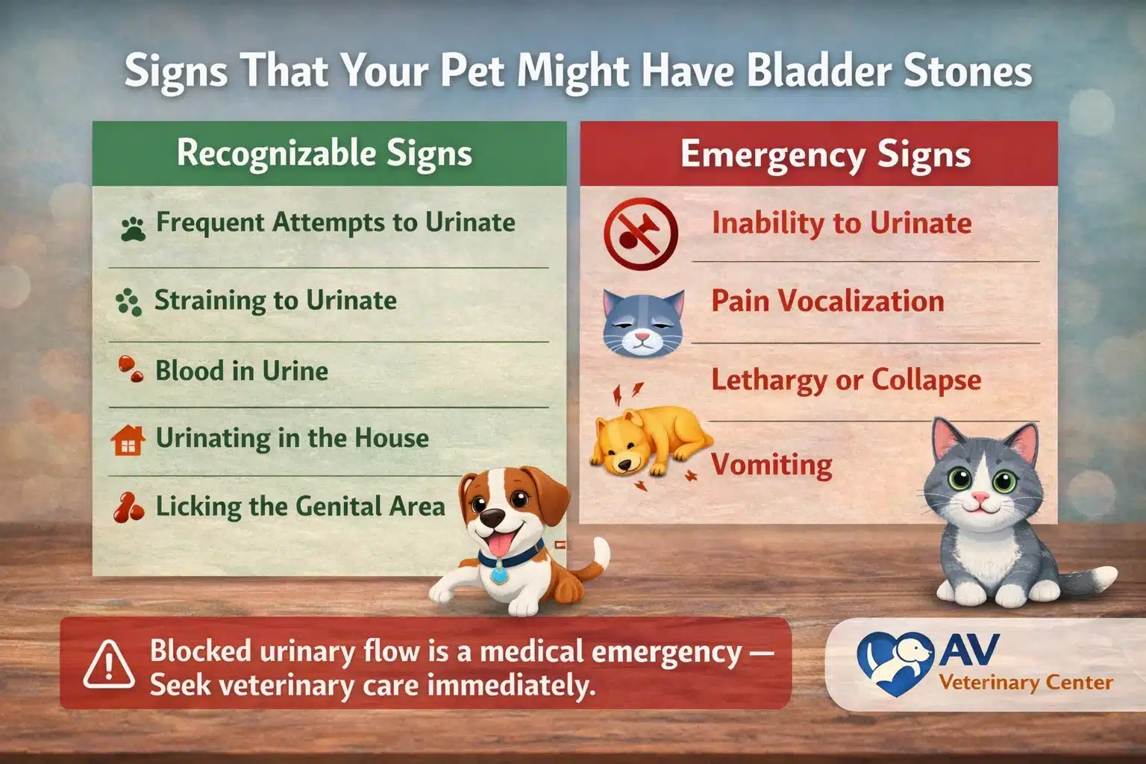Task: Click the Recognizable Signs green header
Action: pyautogui.click(x=325, y=154)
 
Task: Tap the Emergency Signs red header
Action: pyautogui.click(x=825, y=155)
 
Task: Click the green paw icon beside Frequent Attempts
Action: pyautogui.click(x=133, y=228)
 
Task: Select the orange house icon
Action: pyautogui.click(x=128, y=440)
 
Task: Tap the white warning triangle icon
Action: pyautogui.click(x=109, y=664)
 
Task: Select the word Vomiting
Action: pyautogui.click(x=771, y=464)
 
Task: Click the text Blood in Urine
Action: pyautogui.click(x=241, y=371)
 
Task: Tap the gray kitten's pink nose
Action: pyautogui.click(x=979, y=498)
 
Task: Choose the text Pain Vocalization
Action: pyautogui.click(x=827, y=301)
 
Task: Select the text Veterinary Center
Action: pyautogui.click(x=1026, y=682)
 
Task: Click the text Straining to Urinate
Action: pyautogui.click(x=275, y=300)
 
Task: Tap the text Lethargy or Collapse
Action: pyautogui.click(x=846, y=380)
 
